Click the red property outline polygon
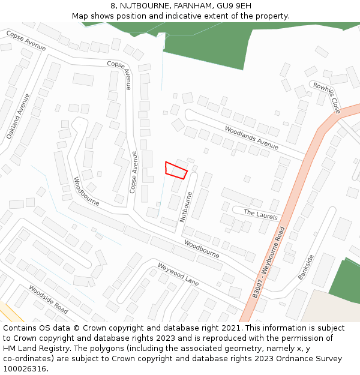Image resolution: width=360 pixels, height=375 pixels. [176, 170]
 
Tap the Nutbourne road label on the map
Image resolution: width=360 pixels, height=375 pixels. [187, 207]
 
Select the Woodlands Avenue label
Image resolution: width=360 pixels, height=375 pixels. [251, 137]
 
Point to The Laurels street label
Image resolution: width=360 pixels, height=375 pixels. [261, 214]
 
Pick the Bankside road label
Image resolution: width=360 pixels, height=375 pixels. [306, 268]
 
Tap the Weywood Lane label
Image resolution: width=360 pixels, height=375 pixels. [178, 274]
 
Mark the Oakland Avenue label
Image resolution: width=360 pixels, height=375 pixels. [18, 116]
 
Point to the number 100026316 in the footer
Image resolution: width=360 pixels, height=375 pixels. [24, 369]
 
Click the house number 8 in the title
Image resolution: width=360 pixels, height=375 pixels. [113, 6]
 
